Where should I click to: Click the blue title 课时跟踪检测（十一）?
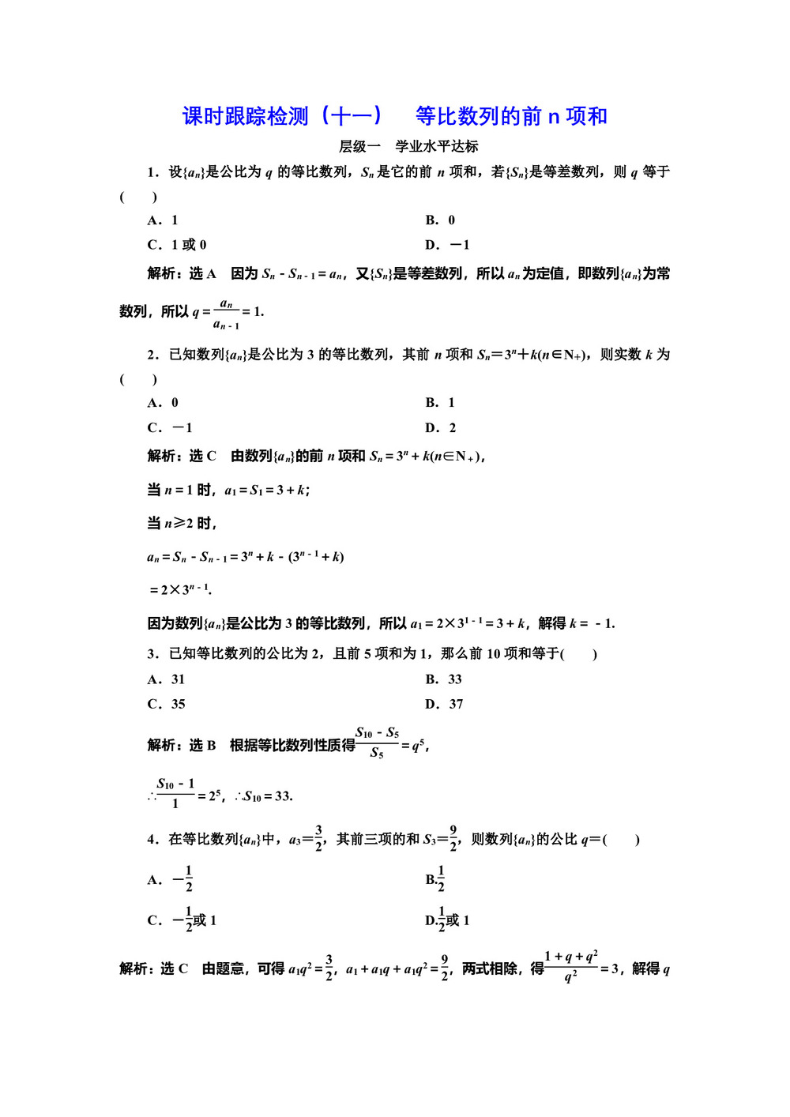pyautogui.click(x=282, y=116)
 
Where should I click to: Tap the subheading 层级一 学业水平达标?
pyautogui.click(x=408, y=146)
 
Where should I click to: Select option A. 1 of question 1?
pyautogui.click(x=163, y=220)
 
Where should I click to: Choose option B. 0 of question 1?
pyautogui.click(x=440, y=220)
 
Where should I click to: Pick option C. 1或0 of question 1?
pyautogui.click(x=177, y=245)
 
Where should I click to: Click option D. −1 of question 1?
pyautogui.click(x=447, y=245)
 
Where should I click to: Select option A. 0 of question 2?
pyautogui.click(x=163, y=403)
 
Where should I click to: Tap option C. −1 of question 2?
pyautogui.click(x=170, y=428)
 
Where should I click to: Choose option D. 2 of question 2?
pyautogui.click(x=440, y=428)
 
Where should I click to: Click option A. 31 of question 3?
pyautogui.click(x=166, y=679)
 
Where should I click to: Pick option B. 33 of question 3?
pyautogui.click(x=443, y=679)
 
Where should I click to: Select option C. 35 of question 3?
pyautogui.click(x=166, y=705)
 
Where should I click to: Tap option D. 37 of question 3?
pyautogui.click(x=444, y=705)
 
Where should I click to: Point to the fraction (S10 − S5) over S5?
pyautogui.click(x=377, y=743)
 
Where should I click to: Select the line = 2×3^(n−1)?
pyautogui.click(x=180, y=590)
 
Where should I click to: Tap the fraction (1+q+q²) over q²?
pyautogui.click(x=570, y=967)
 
